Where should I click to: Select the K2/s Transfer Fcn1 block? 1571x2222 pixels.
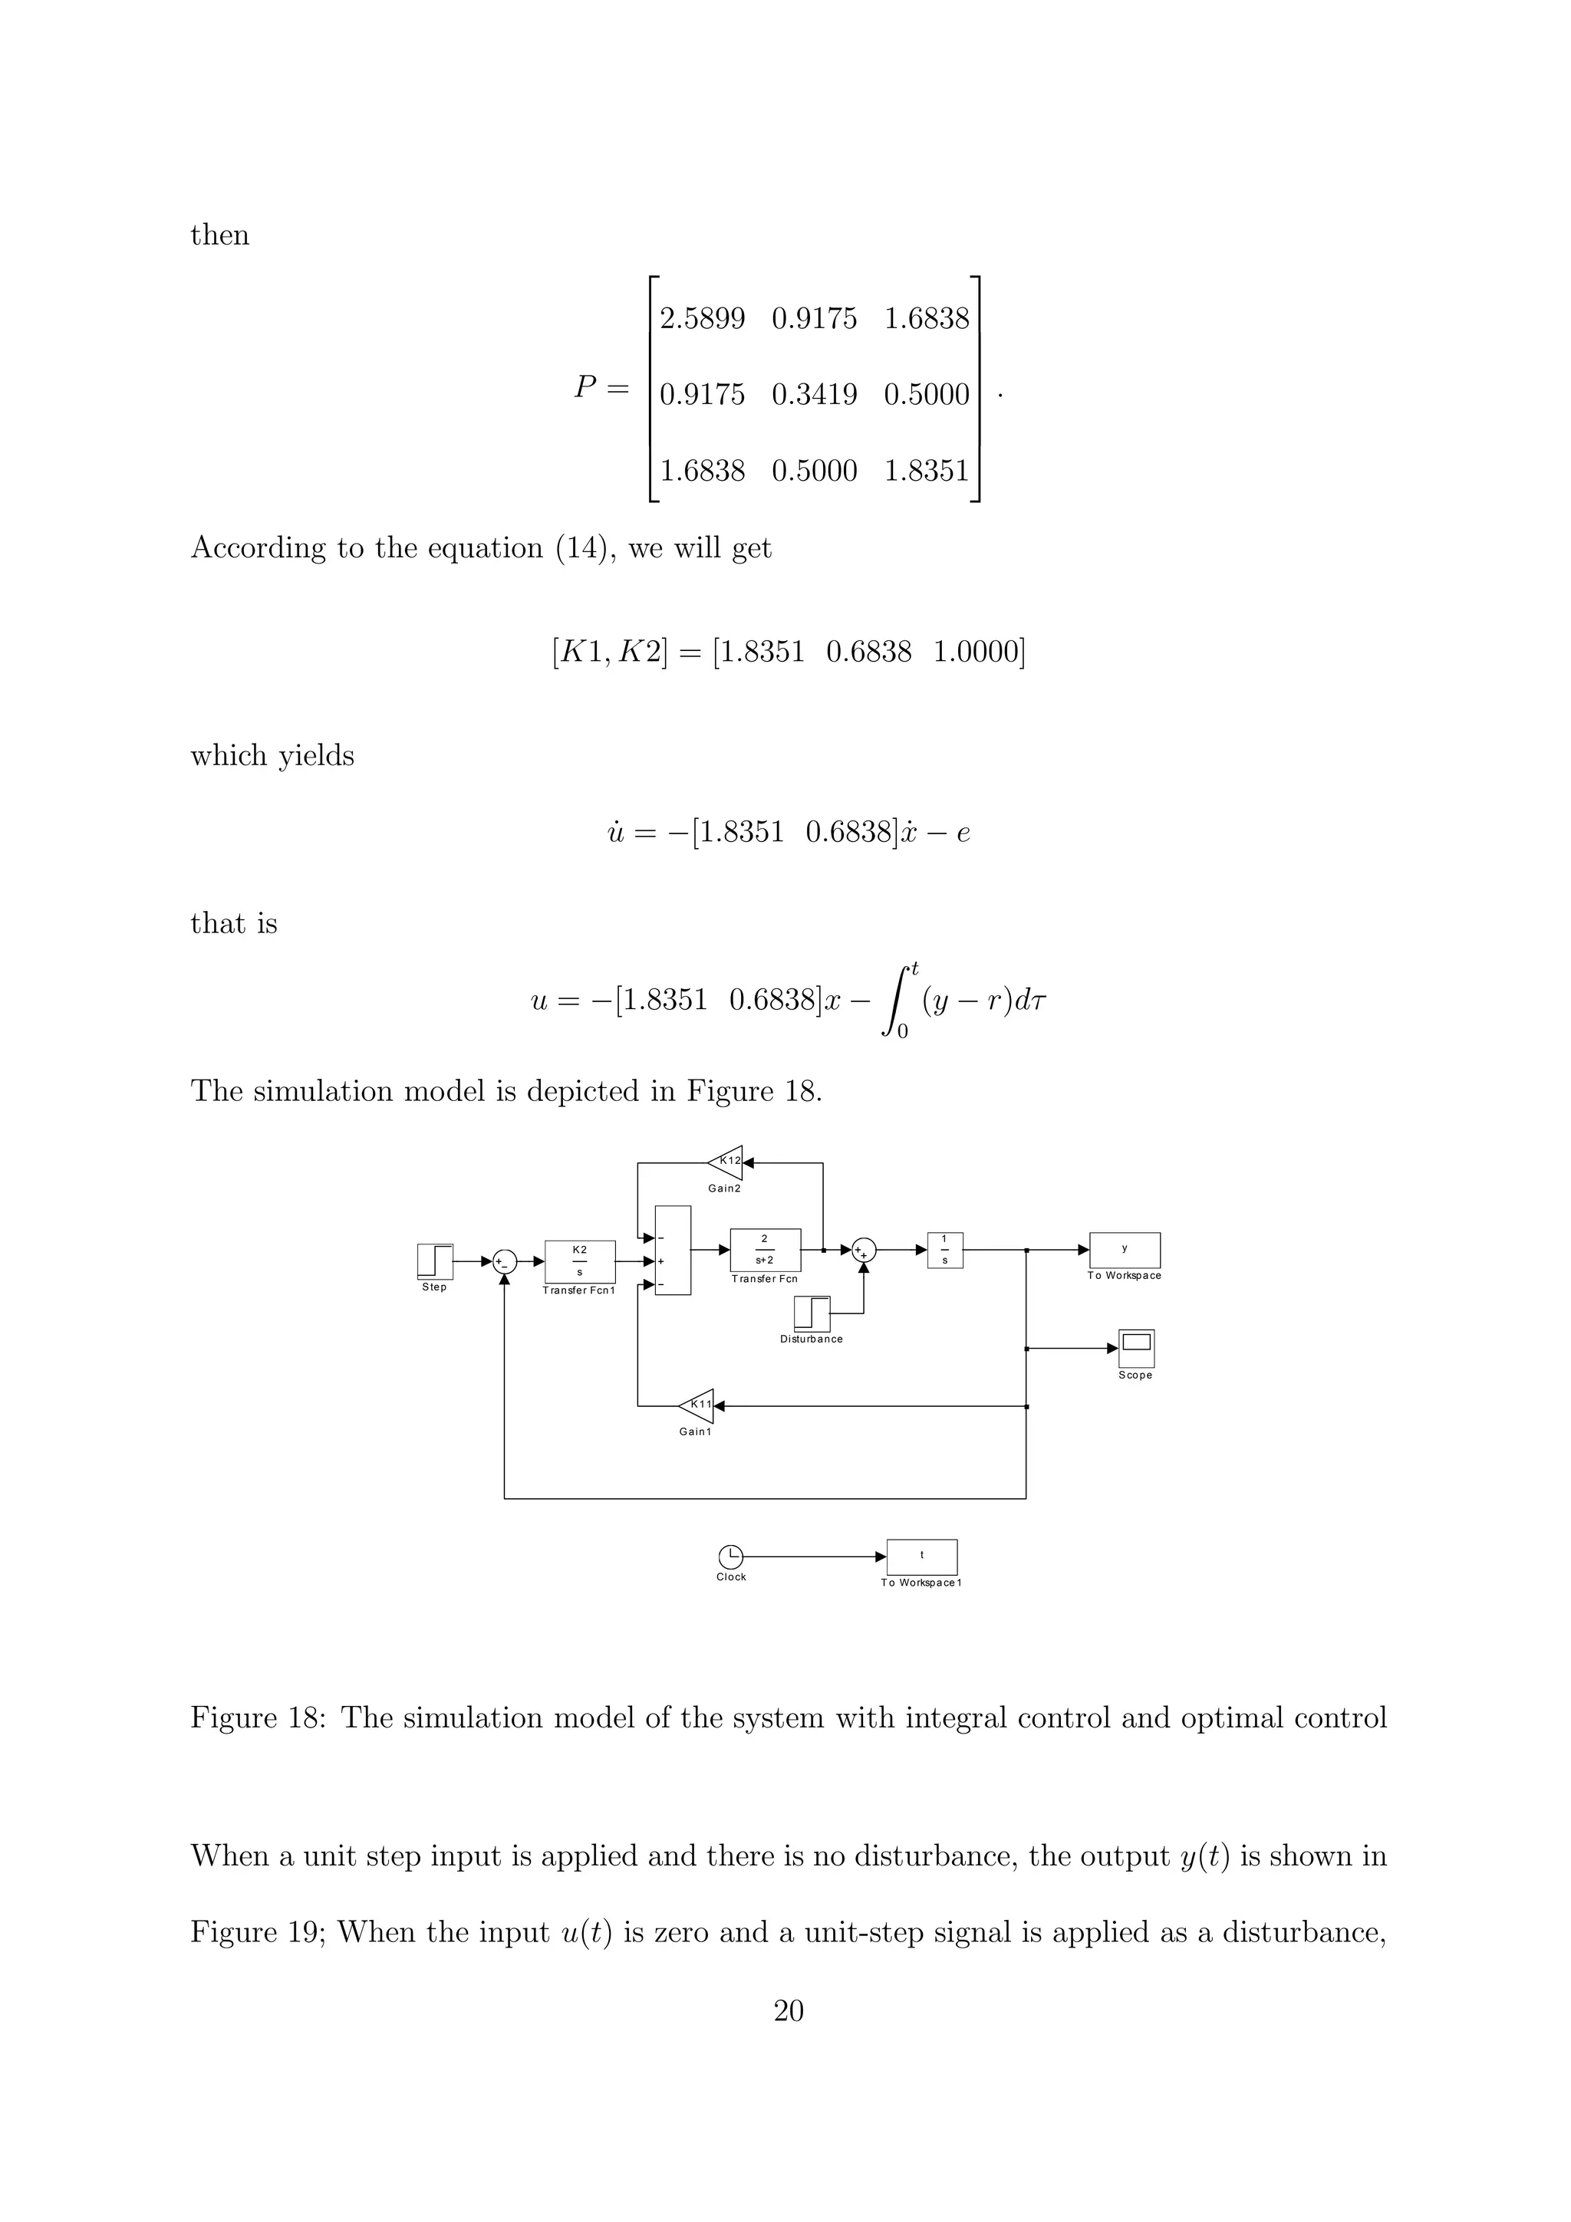click(x=579, y=1261)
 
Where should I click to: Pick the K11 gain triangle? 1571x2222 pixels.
click(x=698, y=1405)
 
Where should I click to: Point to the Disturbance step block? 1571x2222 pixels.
click(x=811, y=1313)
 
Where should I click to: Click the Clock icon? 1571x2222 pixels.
click(x=731, y=1556)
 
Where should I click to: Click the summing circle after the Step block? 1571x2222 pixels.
click(x=504, y=1261)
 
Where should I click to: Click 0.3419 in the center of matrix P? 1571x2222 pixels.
click(x=814, y=395)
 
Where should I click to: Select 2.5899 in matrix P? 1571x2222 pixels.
click(x=702, y=318)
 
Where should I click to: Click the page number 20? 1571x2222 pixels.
click(x=788, y=2011)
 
